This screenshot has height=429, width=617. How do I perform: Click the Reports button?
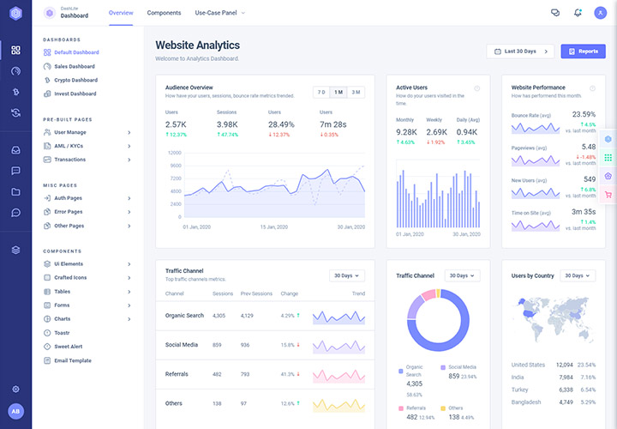583,51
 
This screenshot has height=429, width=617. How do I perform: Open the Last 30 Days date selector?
519,51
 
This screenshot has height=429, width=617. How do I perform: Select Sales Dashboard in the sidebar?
74,66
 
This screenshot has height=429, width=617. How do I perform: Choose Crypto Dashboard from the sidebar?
75,80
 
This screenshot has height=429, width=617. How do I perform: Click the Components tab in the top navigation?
164,13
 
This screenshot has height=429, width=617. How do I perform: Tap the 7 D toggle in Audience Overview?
320,92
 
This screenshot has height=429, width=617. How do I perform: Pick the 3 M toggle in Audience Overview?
356,92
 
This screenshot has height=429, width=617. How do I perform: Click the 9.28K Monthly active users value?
406,132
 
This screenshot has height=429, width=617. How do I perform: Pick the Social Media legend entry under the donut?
462,367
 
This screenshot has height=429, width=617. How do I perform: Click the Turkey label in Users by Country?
520,389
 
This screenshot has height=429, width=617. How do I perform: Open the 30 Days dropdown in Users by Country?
577,275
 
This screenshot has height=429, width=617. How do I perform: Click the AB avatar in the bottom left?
15,411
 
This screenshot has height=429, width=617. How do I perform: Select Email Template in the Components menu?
72,360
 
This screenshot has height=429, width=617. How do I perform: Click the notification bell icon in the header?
578,13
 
